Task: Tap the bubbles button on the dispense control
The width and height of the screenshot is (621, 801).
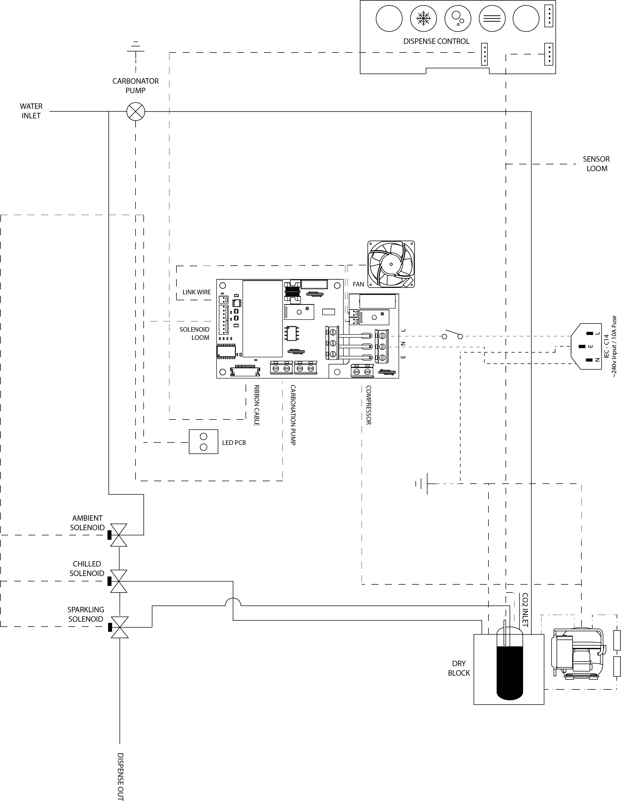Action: (x=458, y=18)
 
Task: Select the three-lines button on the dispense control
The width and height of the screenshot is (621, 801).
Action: (x=492, y=18)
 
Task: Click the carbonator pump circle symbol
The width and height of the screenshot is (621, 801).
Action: (x=136, y=112)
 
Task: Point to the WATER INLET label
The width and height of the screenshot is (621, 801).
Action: (x=31, y=111)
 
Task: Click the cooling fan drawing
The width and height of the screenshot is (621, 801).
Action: (x=391, y=264)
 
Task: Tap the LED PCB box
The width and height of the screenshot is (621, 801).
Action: (x=203, y=442)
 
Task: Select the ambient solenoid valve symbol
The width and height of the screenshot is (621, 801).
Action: (x=118, y=535)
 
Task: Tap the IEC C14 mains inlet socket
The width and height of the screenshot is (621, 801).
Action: (x=586, y=346)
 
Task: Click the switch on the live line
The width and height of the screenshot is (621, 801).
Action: (x=452, y=334)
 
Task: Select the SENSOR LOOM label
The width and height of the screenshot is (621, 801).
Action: (x=596, y=164)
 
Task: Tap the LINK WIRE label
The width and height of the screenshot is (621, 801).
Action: (x=197, y=292)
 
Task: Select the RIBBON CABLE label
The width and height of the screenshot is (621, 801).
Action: (x=256, y=405)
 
